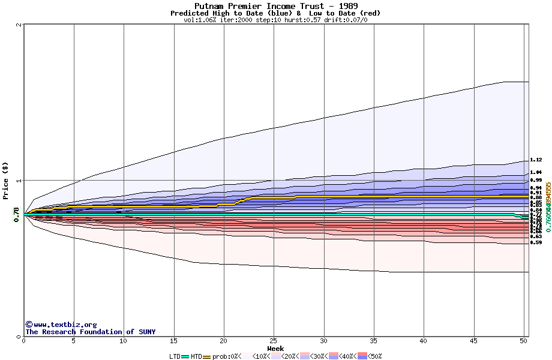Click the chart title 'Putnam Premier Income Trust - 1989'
click(x=275, y=6)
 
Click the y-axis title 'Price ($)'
click(x=5, y=181)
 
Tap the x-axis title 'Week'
click(x=275, y=349)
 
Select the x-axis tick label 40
click(x=424, y=341)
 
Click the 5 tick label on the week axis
click(x=74, y=341)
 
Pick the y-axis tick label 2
click(x=19, y=25)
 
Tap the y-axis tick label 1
click(x=19, y=181)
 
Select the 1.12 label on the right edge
click(x=536, y=160)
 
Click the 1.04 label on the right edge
click(x=536, y=172)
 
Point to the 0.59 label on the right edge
click(x=536, y=242)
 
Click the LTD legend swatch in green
click(x=185, y=356)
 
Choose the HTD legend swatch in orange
click(x=208, y=356)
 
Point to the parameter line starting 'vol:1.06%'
click(x=275, y=20)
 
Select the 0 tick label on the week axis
click(x=24, y=341)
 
